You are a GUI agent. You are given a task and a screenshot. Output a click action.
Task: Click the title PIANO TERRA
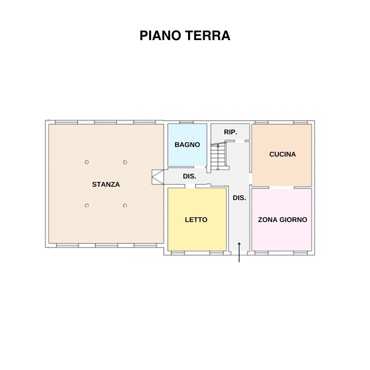[x=185, y=36]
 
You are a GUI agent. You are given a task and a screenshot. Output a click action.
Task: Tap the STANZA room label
[x=106, y=184]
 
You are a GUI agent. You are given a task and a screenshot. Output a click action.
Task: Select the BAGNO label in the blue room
[x=187, y=145]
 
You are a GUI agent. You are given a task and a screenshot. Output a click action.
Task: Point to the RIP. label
[x=231, y=132]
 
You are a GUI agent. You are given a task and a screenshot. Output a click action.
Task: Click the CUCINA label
[x=282, y=154]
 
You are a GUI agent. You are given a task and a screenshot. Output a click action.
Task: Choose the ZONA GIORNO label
[x=282, y=220]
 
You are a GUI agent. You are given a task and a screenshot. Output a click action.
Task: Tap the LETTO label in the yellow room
[x=196, y=220]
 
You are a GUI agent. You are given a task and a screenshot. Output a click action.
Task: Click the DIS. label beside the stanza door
[x=189, y=176]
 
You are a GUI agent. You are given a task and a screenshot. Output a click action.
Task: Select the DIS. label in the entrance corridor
[x=239, y=198]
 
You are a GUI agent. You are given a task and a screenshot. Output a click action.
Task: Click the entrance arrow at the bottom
[x=239, y=252]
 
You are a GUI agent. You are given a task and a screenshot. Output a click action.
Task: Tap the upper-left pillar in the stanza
[x=87, y=162]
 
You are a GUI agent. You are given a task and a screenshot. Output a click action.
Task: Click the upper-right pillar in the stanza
[x=125, y=162]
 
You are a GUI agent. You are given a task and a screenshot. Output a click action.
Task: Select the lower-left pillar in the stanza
[x=87, y=205]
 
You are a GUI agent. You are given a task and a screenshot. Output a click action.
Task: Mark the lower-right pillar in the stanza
[x=125, y=205]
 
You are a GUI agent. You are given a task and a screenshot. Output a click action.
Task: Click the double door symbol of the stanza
[x=157, y=177]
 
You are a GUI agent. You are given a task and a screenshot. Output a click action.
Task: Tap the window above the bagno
[x=186, y=122]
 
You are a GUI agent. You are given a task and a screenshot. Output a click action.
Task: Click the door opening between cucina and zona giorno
[x=282, y=188]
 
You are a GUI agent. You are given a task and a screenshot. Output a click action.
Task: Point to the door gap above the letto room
[x=190, y=186]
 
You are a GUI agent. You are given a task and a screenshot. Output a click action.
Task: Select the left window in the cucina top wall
[x=261, y=122]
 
